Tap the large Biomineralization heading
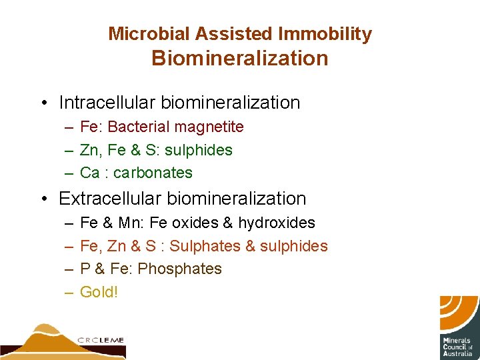tap(240, 59)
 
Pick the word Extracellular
tap(110, 199)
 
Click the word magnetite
tap(211, 127)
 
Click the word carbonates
tap(153, 173)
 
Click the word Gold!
tap(99, 292)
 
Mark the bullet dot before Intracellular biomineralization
tap(43, 103)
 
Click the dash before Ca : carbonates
tap(69, 173)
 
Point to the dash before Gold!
tap(69, 292)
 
